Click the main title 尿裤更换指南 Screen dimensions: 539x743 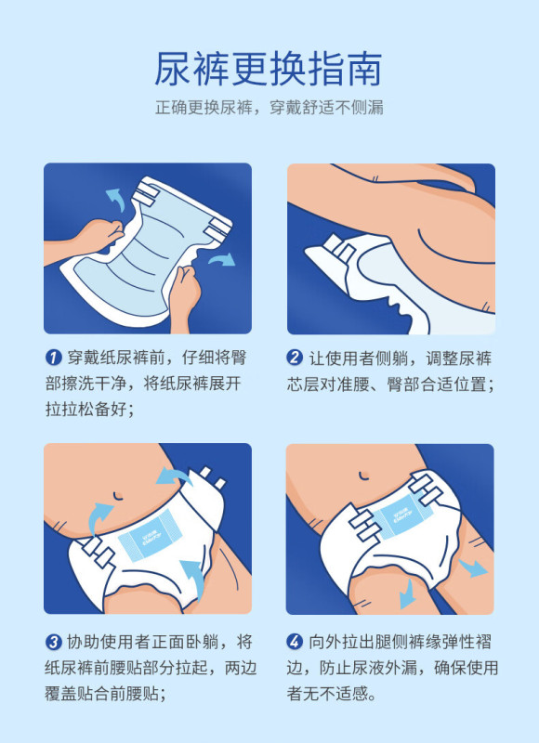[269, 69]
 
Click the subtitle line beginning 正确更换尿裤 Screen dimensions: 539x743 [269, 108]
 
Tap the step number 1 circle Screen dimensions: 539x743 [54, 358]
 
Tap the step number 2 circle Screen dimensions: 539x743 [295, 358]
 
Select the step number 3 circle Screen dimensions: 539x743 [54, 642]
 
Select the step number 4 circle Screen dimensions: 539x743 [295, 642]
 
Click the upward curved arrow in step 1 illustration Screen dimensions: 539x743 [116, 199]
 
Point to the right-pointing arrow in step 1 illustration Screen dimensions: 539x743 [222, 260]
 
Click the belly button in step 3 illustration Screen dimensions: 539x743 [118, 496]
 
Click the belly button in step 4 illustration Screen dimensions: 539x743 [364, 476]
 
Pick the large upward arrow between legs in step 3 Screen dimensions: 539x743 [193, 578]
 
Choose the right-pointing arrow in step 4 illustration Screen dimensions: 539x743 [472, 567]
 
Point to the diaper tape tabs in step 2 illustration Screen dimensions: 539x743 [338, 248]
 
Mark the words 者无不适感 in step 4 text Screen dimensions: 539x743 [327, 694]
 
